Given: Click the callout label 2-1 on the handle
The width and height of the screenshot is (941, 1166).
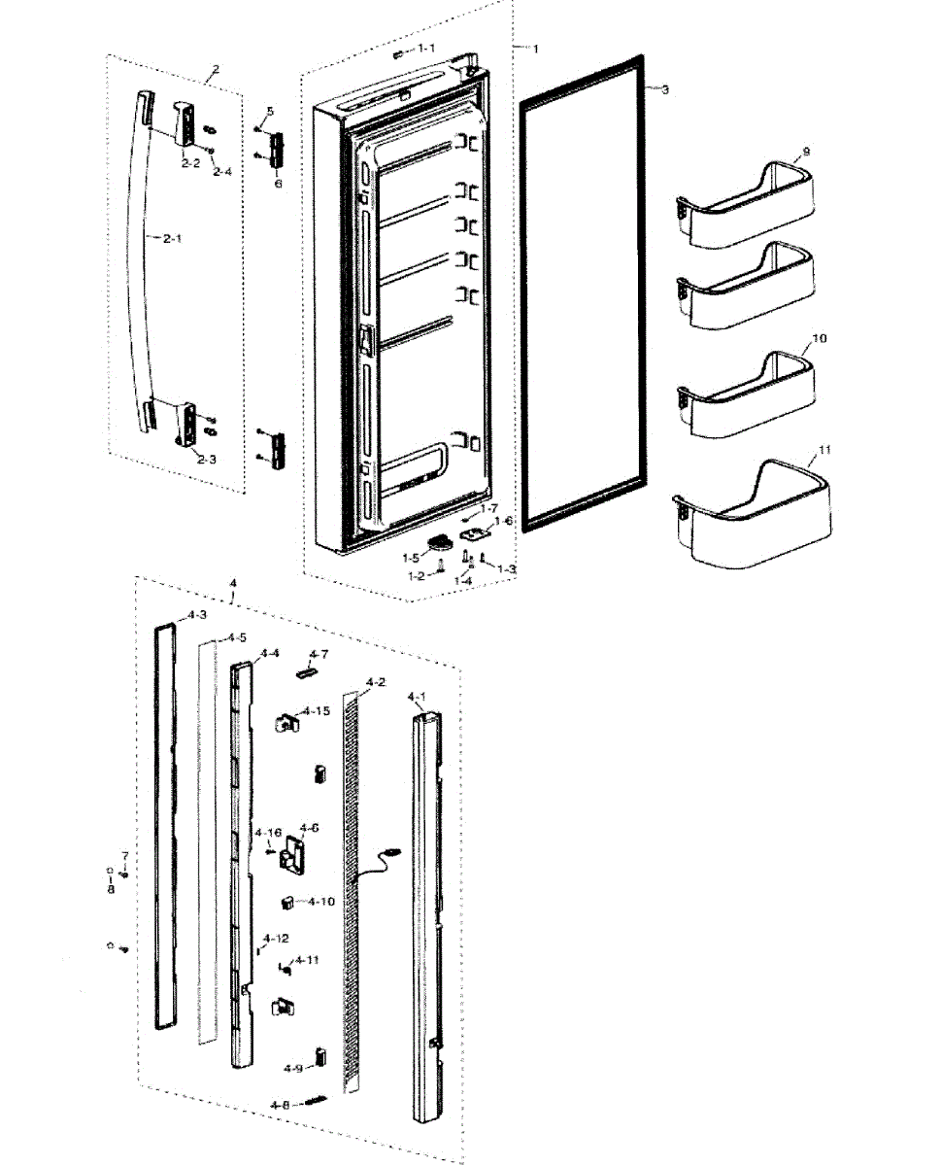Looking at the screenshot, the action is coord(171,238).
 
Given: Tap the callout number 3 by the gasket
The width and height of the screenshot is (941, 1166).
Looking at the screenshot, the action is coord(664,89).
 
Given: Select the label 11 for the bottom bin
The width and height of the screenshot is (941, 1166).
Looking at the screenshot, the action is coord(825,451).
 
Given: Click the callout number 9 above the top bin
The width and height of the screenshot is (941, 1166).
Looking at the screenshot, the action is coord(805,153).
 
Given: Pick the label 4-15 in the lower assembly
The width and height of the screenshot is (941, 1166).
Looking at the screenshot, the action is coord(316,711).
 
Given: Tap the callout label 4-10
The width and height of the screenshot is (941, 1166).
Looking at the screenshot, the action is coord(321,902).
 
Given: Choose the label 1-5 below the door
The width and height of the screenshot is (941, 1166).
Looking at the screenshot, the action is coord(412,559).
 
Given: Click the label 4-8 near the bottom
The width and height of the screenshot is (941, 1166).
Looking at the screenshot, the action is coord(280,1105).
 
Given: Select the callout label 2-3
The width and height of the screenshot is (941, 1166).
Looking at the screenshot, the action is coord(206,459).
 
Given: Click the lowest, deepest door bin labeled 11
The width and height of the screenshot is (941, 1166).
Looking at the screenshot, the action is coord(753,520).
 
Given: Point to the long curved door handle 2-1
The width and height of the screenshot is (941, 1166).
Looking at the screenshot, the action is coord(138,262).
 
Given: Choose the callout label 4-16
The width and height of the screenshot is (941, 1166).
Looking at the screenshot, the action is coord(268,834).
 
